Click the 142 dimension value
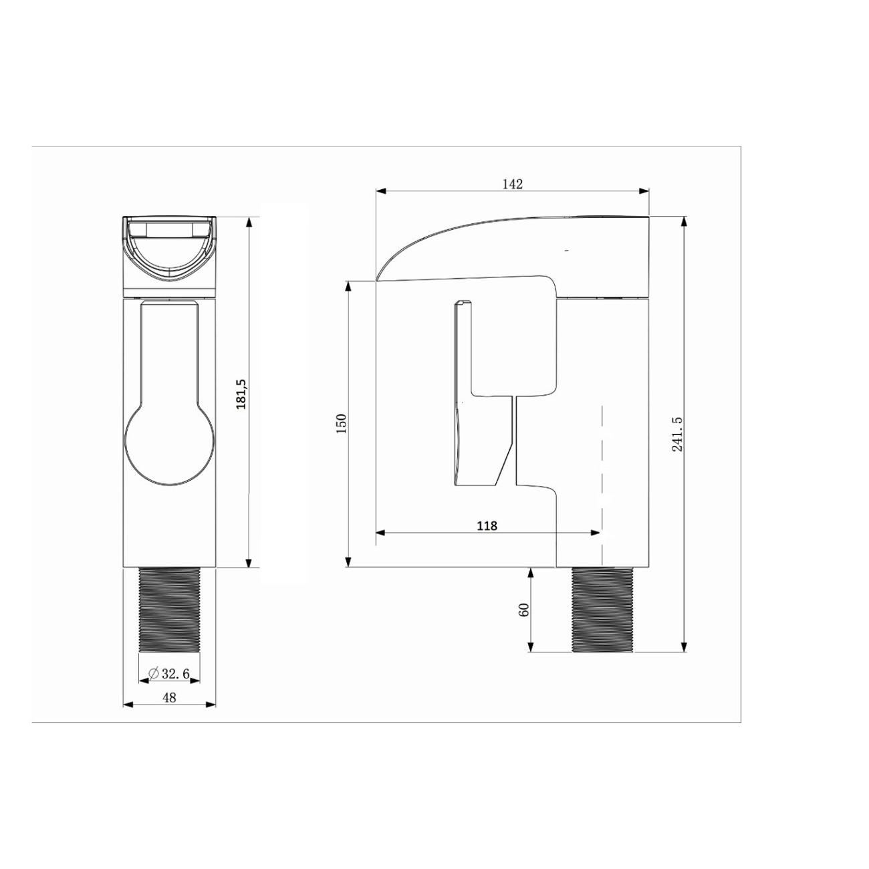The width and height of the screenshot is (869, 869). (512, 184)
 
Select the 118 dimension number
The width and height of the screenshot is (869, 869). (487, 526)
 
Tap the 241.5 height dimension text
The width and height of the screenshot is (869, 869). (677, 434)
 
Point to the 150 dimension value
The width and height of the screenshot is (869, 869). (342, 423)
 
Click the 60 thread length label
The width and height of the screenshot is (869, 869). (525, 610)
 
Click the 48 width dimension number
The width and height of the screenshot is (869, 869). (170, 698)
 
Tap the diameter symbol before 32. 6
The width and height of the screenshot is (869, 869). (154, 674)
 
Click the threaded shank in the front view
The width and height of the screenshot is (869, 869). (170, 610)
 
